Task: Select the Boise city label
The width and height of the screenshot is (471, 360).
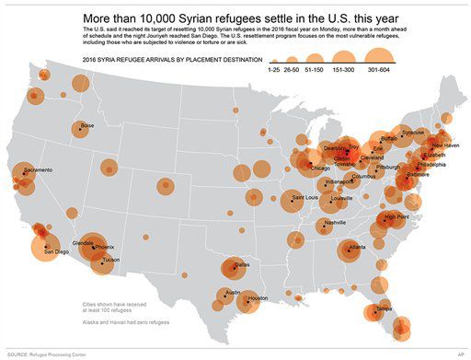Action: click(x=87, y=125)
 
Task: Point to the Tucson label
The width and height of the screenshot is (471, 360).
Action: click(x=110, y=260)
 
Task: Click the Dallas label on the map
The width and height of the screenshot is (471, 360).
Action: click(x=241, y=265)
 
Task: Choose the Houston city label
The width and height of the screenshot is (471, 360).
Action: click(x=258, y=298)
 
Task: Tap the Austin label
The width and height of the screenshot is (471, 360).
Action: click(x=233, y=293)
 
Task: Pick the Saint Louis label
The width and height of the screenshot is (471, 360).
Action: click(x=305, y=197)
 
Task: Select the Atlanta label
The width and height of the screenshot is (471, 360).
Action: click(x=357, y=247)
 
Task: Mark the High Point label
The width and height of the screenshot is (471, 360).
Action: click(x=397, y=216)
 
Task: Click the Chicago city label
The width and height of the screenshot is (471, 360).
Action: click(x=320, y=168)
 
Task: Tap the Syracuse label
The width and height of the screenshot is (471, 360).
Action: click(x=413, y=132)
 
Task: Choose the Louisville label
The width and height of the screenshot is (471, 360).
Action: click(x=341, y=198)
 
